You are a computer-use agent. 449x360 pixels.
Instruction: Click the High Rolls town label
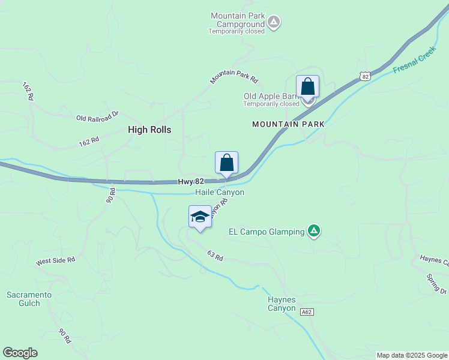point(149,130)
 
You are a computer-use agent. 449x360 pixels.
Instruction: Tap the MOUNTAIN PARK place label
point(288,124)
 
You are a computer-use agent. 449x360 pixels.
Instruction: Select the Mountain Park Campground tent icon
point(274,23)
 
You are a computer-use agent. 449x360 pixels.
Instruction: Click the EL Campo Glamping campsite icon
point(313,230)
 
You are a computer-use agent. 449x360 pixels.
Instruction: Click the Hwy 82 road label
point(191,181)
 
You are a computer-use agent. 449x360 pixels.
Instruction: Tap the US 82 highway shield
point(365,76)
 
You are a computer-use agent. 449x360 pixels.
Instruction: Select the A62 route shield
point(307,312)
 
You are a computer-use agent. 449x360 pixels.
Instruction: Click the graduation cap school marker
point(200,217)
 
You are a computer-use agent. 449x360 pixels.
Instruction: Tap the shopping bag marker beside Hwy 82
point(226,163)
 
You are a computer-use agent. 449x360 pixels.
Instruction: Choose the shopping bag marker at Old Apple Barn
point(307,87)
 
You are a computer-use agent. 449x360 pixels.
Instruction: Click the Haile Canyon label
point(220,193)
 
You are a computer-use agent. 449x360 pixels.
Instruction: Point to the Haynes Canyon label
point(282,304)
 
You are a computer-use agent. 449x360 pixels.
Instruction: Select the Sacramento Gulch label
point(29,299)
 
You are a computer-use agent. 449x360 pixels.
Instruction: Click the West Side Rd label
point(55,260)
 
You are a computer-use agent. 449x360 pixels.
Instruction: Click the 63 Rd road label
point(215,256)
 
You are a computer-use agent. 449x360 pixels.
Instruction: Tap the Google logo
point(20,353)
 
